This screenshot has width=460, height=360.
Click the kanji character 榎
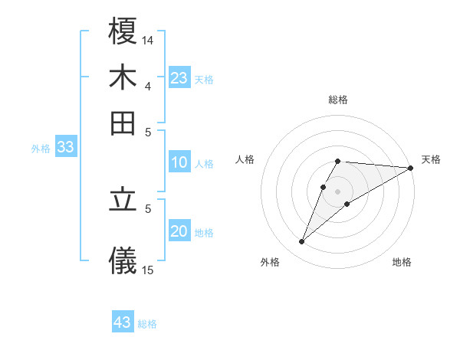123,32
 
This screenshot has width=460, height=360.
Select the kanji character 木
123,78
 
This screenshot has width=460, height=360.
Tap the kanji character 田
123,123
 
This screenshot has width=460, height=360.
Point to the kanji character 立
123,201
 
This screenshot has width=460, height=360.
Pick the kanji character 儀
123,261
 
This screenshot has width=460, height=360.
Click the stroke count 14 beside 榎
148,39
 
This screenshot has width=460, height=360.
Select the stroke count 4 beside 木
148,85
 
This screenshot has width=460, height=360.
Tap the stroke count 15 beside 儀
148,270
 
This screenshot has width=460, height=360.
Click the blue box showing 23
179,78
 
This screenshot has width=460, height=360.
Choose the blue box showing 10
179,162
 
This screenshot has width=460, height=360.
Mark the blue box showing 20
179,232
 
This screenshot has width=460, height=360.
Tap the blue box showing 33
65,148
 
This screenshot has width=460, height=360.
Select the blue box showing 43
123,322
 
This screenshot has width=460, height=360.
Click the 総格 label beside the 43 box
147,324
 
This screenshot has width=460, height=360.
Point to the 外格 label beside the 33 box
41,149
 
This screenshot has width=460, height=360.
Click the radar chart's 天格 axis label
431,159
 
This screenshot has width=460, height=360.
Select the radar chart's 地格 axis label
402,262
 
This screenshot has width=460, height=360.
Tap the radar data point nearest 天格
411,168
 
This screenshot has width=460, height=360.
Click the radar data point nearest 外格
301,242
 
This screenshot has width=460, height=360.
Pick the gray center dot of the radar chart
338,191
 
